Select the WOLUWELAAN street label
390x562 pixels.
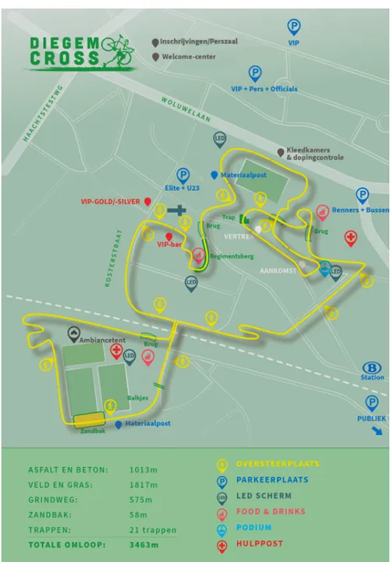[x=186, y=110]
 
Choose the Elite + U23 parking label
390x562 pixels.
[x=184, y=188]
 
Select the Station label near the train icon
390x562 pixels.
[x=372, y=377]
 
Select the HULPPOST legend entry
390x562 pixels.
[x=258, y=543]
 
